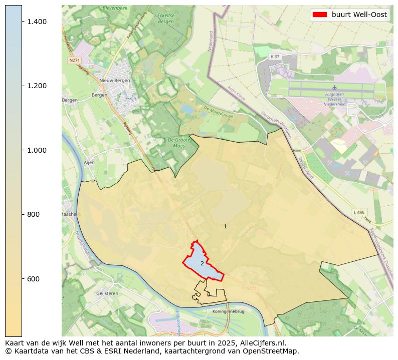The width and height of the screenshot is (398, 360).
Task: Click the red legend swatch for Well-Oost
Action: click(x=319, y=15)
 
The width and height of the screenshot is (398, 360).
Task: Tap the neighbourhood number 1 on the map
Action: click(x=225, y=227)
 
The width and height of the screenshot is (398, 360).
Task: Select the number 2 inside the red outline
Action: click(x=202, y=263)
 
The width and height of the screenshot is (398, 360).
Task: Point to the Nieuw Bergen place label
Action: click(x=115, y=80)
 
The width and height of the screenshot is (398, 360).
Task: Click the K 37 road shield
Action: click(x=275, y=57)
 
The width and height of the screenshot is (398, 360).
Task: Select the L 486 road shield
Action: click(x=358, y=212)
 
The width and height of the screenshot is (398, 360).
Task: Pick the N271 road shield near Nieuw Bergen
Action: click(x=74, y=60)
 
